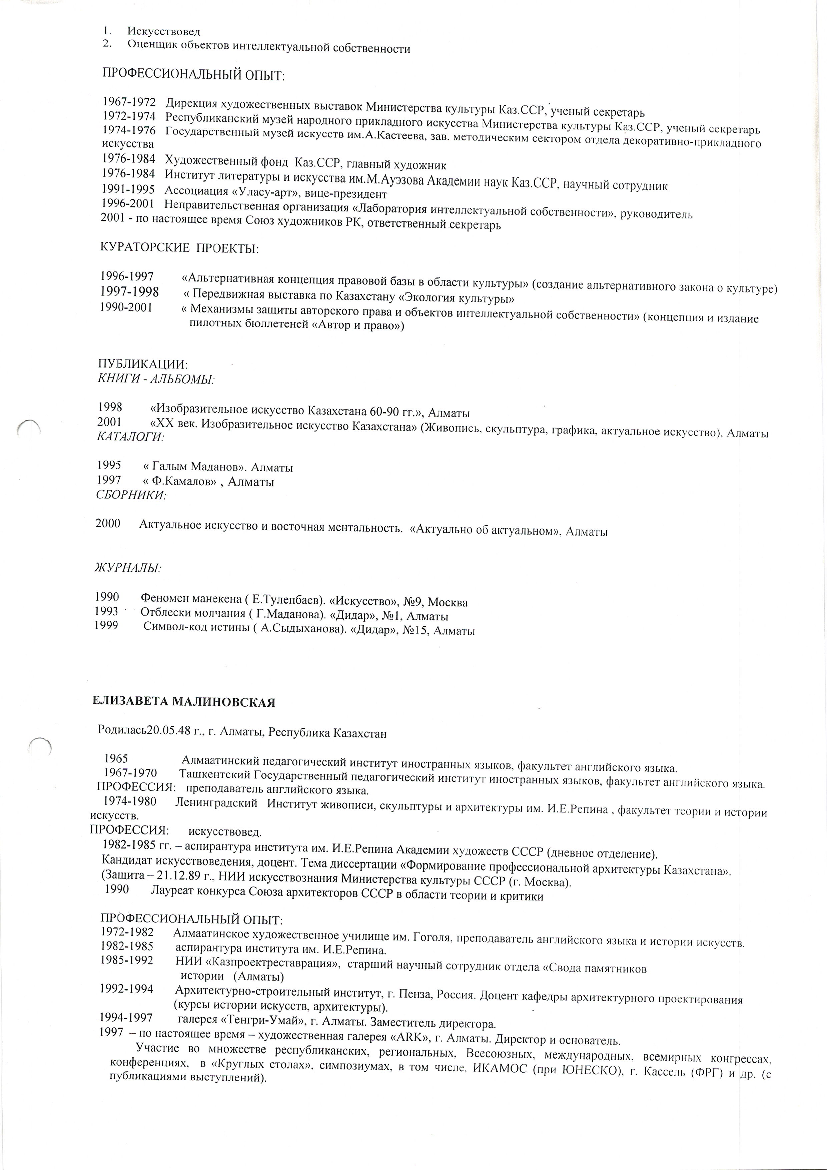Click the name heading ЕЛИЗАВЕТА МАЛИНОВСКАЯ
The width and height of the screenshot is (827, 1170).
click(x=183, y=702)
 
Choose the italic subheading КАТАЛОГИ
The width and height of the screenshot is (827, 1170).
click(x=130, y=436)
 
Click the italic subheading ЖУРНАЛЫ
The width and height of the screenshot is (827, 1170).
click(x=127, y=567)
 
